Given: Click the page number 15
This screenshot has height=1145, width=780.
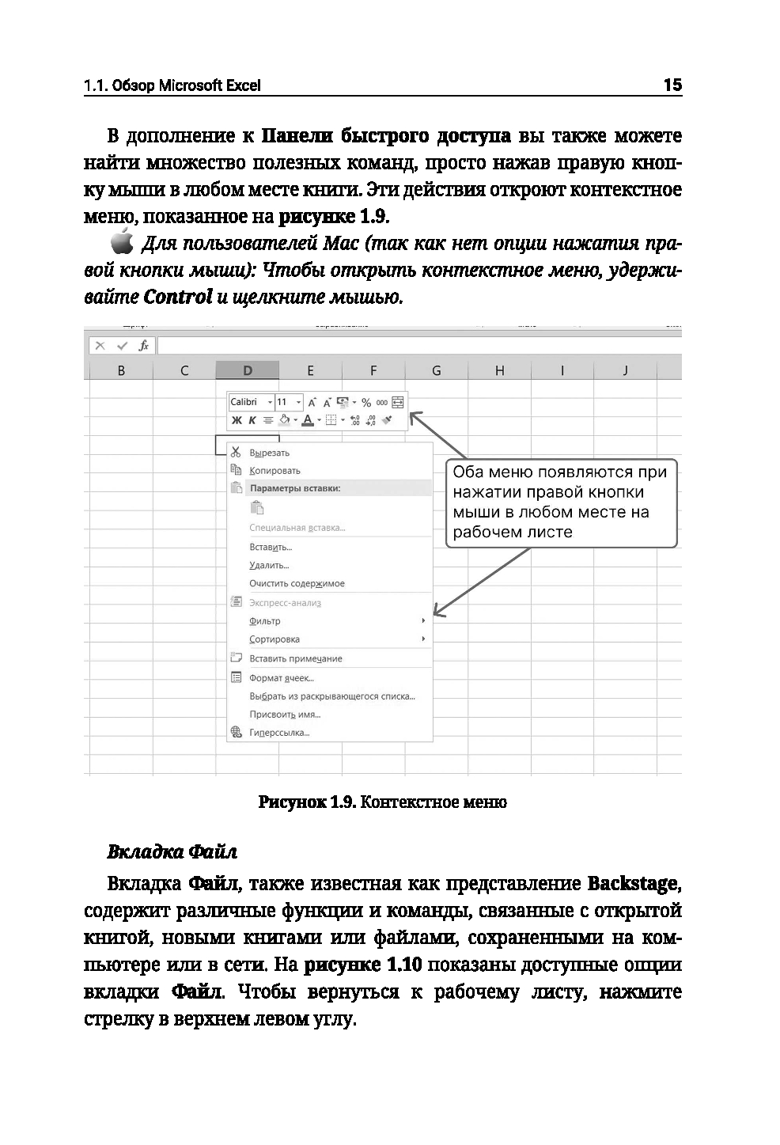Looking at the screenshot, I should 672,85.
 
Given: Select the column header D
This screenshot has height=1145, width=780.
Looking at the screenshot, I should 248,370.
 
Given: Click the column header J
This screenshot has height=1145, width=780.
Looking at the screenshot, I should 625,370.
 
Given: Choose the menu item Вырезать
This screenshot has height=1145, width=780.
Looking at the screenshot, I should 269,453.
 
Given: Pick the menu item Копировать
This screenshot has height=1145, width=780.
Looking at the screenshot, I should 275,471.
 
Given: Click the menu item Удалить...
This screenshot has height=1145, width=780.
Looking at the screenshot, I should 268,565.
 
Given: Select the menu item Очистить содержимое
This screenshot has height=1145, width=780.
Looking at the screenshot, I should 297,583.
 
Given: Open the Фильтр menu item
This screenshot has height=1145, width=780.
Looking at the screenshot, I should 264,621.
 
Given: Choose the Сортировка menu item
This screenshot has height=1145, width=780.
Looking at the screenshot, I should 274,639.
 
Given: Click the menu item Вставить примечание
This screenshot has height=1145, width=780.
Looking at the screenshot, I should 295,658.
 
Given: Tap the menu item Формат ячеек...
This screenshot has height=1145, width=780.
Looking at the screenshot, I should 281,678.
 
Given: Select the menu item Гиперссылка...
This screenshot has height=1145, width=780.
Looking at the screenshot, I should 278,733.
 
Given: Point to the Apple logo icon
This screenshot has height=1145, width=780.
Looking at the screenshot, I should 122,243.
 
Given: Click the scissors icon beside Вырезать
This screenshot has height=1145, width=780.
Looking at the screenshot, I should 235,452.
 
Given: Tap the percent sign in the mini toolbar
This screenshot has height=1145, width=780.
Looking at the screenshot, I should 366,403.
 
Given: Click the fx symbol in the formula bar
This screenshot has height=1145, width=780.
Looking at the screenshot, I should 143,346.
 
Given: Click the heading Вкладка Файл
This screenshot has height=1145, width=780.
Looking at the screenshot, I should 172,852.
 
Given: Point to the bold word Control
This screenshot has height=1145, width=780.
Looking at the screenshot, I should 177,297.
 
